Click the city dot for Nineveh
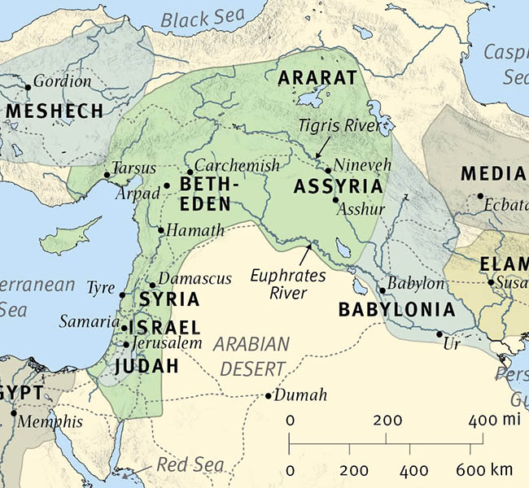328,171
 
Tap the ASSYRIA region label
338,187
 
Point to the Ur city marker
439,334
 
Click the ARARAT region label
317,78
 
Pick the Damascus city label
195,278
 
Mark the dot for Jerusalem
125,344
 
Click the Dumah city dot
269,396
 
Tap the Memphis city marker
13,412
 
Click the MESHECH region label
55,111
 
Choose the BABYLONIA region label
396,310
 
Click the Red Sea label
190,464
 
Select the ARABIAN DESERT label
252,355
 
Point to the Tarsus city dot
107,175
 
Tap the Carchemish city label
237,165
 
